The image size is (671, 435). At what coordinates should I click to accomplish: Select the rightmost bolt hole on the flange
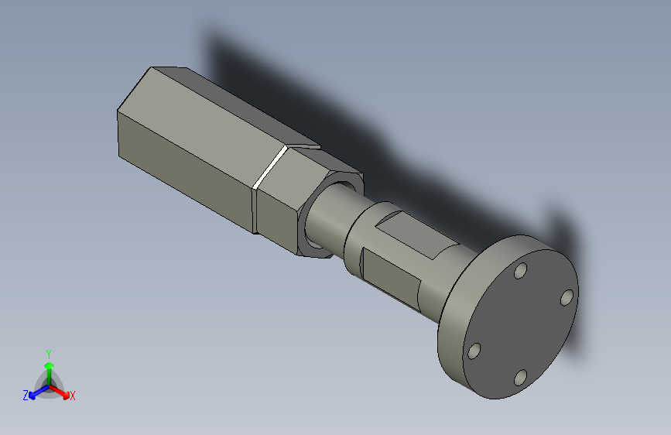tap(567, 297)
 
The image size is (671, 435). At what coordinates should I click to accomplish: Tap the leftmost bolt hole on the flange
tap(475, 352)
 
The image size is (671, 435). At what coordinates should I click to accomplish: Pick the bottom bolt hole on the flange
tap(521, 377)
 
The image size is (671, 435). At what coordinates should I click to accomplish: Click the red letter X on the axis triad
tap(73, 396)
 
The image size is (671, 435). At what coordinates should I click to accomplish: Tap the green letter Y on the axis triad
tap(49, 352)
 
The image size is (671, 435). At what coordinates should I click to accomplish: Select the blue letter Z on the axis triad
tap(26, 396)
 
